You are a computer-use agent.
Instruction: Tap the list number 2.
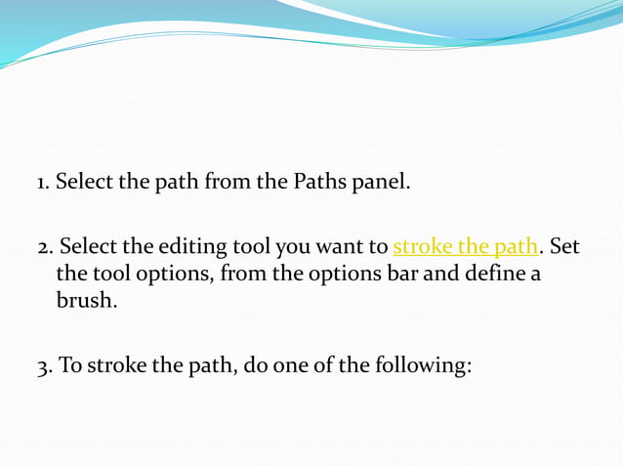coord(42,247)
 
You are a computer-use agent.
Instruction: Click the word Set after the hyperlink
coord(565,246)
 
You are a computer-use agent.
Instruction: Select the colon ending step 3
coord(471,367)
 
